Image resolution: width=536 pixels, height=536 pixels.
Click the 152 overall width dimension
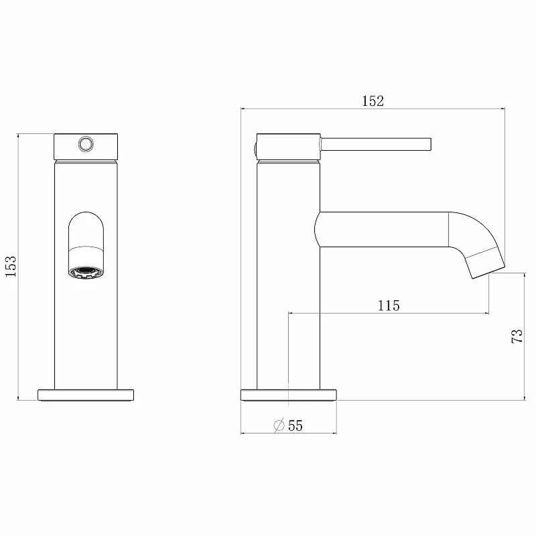[x=373, y=101]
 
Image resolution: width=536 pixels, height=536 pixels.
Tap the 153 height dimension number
[x=11, y=266]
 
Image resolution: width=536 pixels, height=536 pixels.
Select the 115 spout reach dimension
[x=389, y=306]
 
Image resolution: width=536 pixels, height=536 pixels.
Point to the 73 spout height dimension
[x=517, y=336]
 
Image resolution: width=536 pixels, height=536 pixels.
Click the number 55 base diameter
[x=295, y=426]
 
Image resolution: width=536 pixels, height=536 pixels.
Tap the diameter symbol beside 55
[x=279, y=425]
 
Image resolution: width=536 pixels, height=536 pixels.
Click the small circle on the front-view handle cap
[x=86, y=144]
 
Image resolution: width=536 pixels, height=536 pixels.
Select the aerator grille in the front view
[x=86, y=273]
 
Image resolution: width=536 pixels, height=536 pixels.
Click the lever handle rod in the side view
[x=376, y=144]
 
